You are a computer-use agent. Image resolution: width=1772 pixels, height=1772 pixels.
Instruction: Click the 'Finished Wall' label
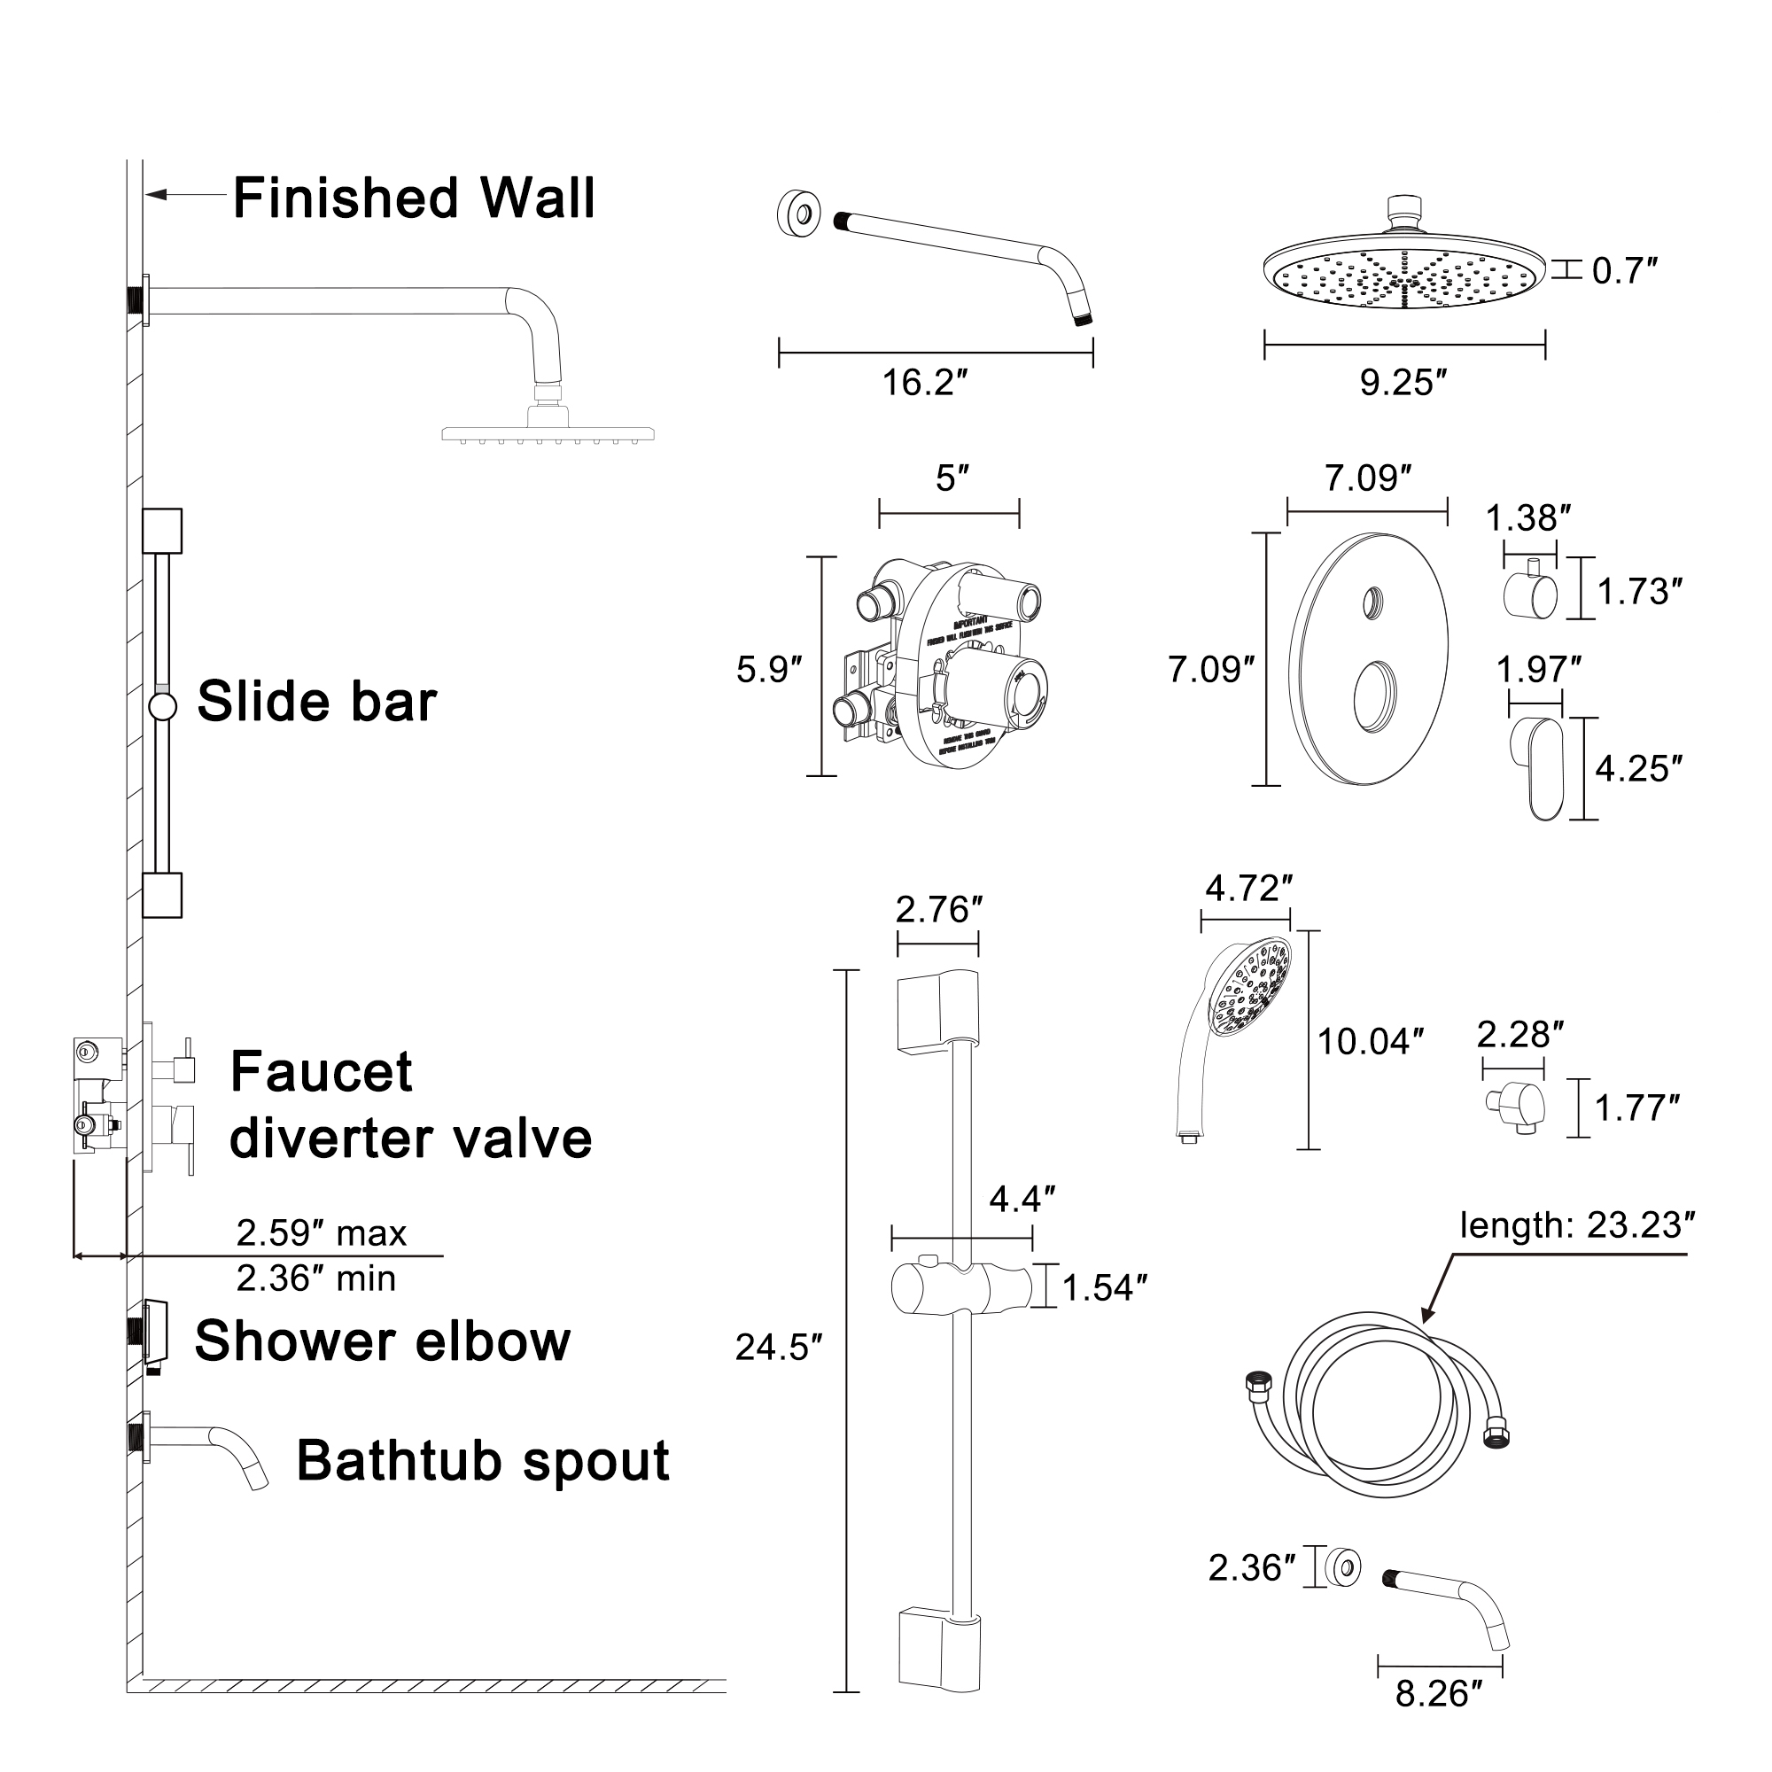click(x=414, y=198)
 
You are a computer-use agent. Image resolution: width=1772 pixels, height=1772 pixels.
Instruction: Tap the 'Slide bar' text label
click(x=316, y=702)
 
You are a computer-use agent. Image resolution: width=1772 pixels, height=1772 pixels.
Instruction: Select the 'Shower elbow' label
click(x=383, y=1341)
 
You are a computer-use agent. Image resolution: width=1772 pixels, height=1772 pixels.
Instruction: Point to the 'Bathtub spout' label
click(x=483, y=1460)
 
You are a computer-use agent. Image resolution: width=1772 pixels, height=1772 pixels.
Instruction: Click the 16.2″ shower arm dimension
click(x=924, y=383)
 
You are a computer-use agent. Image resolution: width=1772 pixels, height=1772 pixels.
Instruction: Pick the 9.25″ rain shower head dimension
click(x=1403, y=383)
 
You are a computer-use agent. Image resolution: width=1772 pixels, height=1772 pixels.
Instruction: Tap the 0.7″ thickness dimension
click(x=1624, y=271)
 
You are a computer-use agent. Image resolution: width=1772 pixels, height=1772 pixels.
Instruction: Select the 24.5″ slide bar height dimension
click(x=778, y=1348)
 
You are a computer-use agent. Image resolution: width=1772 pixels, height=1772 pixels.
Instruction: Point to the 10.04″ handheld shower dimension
click(x=1370, y=1042)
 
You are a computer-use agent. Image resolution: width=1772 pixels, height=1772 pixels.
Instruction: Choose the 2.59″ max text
click(x=321, y=1232)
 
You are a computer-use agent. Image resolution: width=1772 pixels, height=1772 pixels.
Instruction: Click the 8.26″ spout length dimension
click(x=1438, y=1693)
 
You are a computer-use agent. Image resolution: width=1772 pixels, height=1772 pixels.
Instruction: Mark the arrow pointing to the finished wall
click(x=183, y=194)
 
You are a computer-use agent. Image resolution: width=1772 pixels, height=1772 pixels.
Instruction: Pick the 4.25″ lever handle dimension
click(x=1638, y=768)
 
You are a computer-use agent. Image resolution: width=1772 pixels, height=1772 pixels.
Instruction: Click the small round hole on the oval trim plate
click(x=1372, y=602)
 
